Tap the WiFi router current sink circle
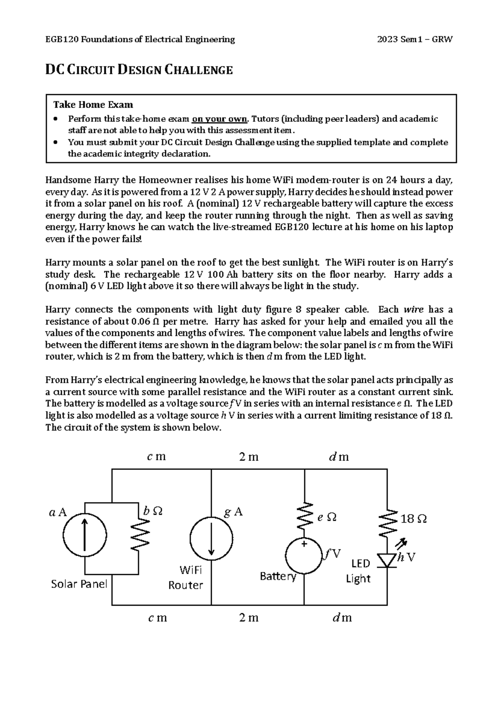211,536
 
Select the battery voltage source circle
305,556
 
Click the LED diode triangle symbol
387,560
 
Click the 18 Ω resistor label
413,519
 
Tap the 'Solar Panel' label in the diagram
79,584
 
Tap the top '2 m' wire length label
249,457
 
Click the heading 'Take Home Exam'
93,104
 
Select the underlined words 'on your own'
219,119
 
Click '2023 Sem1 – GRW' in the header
415,39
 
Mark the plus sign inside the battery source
304,543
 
